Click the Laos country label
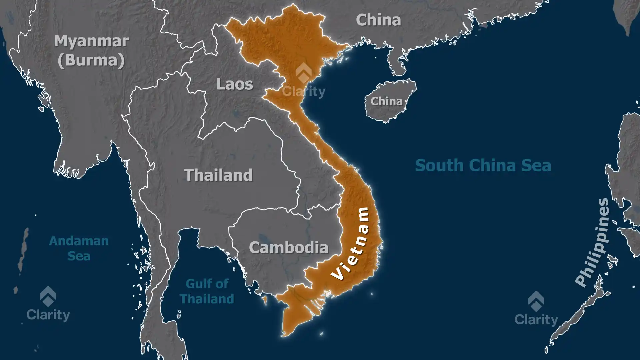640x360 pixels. pyautogui.click(x=235, y=84)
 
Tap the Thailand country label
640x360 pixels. pyautogui.click(x=218, y=175)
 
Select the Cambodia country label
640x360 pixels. pyautogui.click(x=289, y=248)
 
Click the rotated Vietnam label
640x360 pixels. pyautogui.click(x=351, y=243)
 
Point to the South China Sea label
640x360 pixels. pyautogui.click(x=483, y=166)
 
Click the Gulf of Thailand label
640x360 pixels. pyautogui.click(x=207, y=291)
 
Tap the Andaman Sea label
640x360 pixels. pyautogui.click(x=79, y=248)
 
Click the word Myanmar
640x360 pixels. pyautogui.click(x=91, y=41)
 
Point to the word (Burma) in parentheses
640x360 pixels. pyautogui.click(x=91, y=60)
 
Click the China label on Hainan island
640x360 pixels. pyautogui.click(x=387, y=101)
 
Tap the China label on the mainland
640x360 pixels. pyautogui.click(x=378, y=20)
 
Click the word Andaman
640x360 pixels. pyautogui.click(x=79, y=241)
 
